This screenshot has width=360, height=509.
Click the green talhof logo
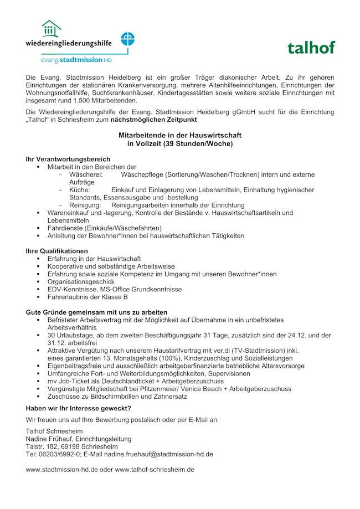(311, 48)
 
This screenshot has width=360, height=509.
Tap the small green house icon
(51, 29)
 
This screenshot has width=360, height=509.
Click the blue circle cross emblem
(128, 39)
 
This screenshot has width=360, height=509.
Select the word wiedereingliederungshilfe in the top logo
(69, 42)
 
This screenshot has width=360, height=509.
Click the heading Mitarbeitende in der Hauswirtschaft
(180, 135)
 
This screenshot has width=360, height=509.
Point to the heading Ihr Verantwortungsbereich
(68, 159)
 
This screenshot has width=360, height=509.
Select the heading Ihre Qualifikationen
(57, 251)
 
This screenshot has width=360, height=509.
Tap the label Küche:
(80, 190)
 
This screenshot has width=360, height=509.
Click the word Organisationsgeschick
(81, 282)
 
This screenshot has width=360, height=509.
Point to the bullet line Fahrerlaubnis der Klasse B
(88, 297)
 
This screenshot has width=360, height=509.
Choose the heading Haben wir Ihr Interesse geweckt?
(78, 408)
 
